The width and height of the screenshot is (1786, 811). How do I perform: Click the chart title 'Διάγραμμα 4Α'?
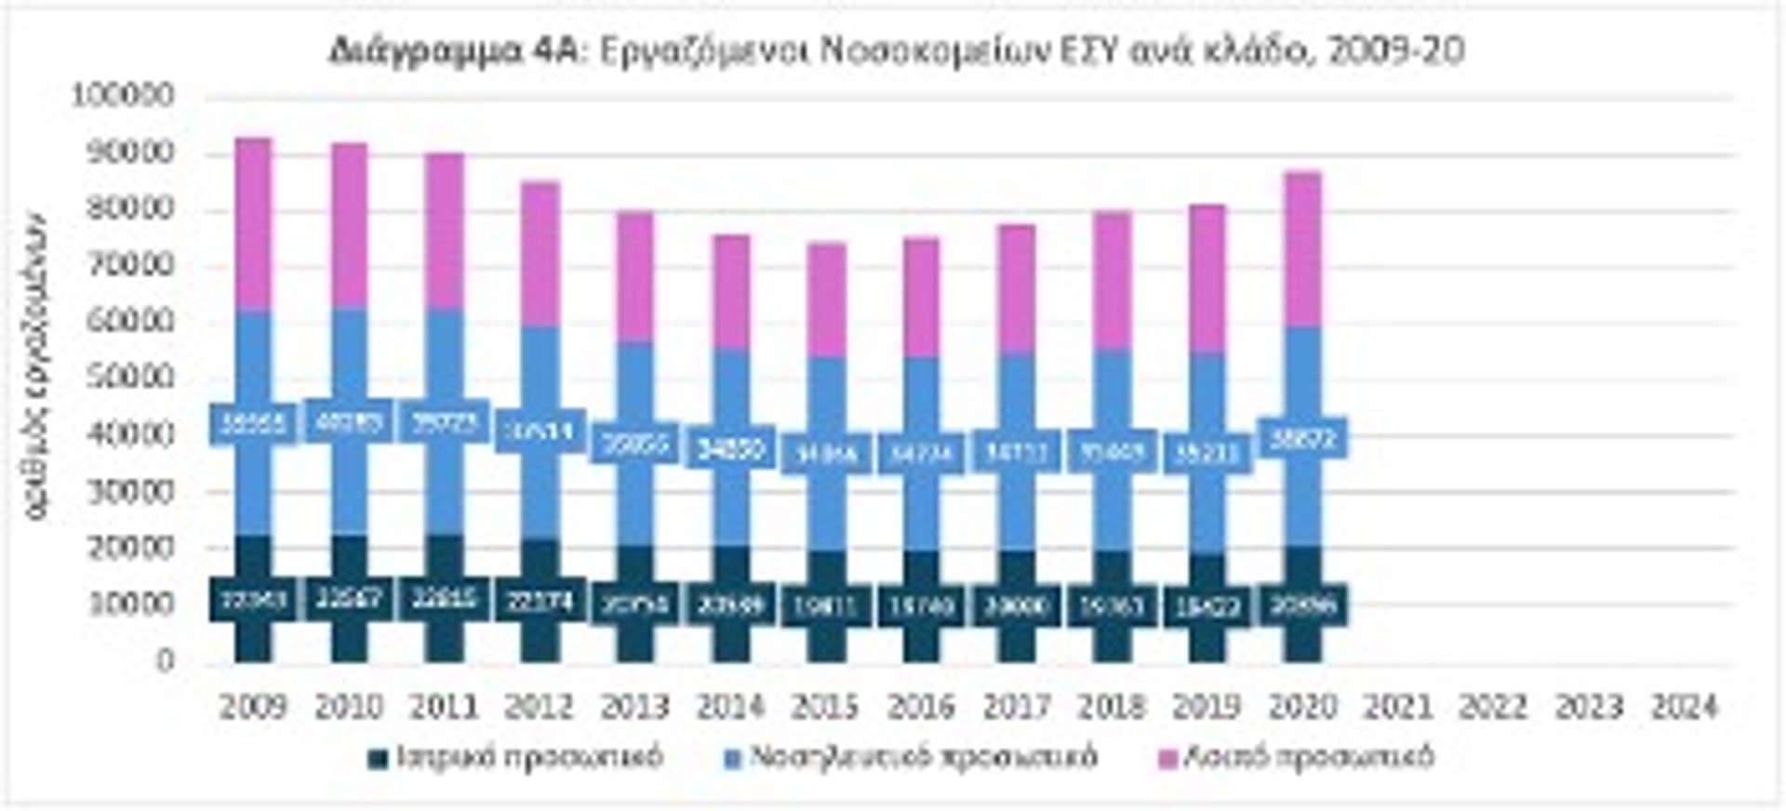click(454, 51)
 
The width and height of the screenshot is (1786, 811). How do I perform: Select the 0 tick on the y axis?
click(166, 661)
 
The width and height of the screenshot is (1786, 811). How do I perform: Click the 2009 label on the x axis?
click(253, 708)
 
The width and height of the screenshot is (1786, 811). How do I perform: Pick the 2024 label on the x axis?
click(1684, 708)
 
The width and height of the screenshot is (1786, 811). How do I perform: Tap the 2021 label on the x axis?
click(1397, 708)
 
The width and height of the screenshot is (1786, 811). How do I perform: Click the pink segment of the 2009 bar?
click(253, 223)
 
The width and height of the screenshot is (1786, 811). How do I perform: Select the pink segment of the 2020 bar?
click(1302, 249)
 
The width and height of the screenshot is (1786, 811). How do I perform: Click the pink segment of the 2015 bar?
click(825, 299)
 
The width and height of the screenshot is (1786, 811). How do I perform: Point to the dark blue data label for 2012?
click(540, 601)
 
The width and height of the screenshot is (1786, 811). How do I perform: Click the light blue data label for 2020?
click(1302, 438)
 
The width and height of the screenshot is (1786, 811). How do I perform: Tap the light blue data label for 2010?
click(349, 423)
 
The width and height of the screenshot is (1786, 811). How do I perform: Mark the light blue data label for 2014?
click(730, 449)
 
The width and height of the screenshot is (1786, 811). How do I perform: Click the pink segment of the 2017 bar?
click(1016, 288)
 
